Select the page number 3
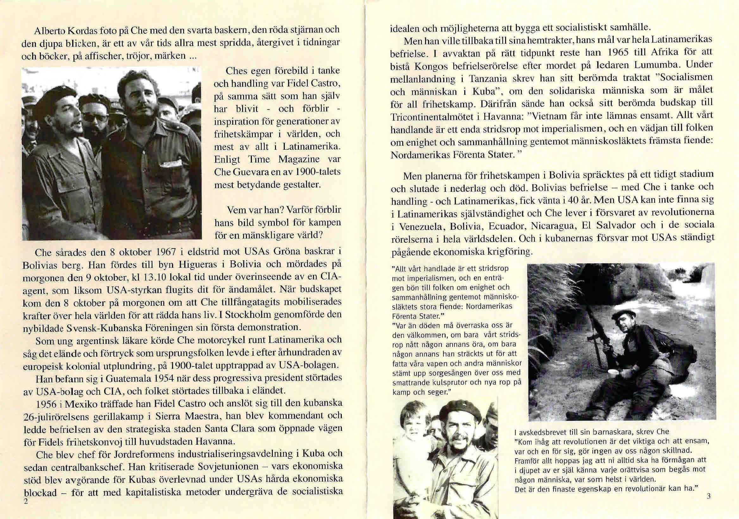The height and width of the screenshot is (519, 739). pos(708,505)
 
